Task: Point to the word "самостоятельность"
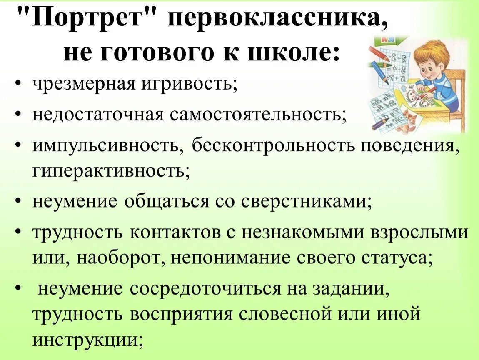[257, 114]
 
